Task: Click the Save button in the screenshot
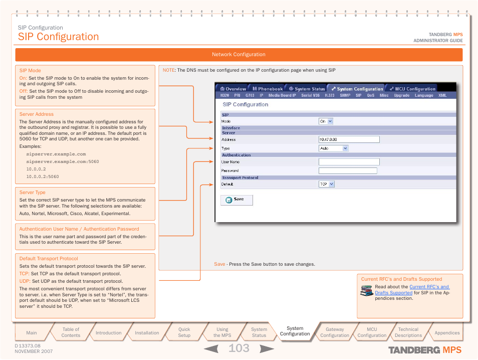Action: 236,200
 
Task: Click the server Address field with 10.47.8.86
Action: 349,140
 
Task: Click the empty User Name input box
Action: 349,162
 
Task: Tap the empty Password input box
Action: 348,170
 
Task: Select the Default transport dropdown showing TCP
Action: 326,184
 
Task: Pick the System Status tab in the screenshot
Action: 307,89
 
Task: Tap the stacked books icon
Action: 366,291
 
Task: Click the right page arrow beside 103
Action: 267,348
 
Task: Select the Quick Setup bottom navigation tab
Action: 184,332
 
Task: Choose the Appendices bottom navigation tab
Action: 447,332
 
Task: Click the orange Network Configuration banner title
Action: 238,55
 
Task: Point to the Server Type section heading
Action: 32,193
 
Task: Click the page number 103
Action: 239,348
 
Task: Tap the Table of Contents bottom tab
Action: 71,332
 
